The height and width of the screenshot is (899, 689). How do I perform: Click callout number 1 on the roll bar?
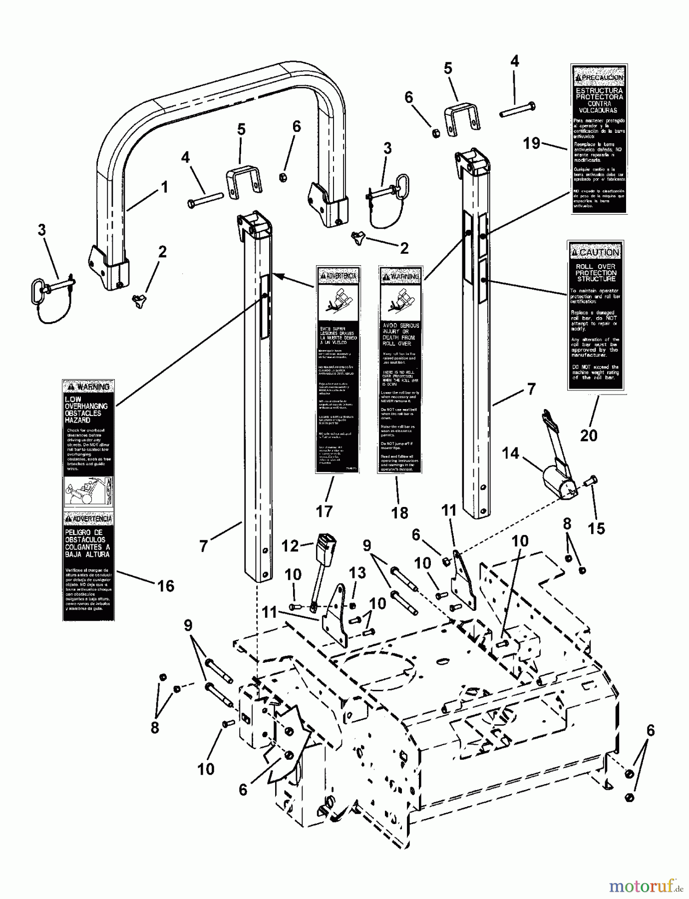[x=164, y=187]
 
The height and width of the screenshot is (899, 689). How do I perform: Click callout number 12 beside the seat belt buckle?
[x=290, y=546]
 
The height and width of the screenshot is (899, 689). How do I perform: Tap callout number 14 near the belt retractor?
[x=510, y=453]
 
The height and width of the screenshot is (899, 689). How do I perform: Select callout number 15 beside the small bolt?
[x=597, y=528]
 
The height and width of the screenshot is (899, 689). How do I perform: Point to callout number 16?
[x=166, y=586]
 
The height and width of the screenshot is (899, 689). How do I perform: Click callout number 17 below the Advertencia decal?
[x=324, y=511]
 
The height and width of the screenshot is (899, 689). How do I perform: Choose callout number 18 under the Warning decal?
[x=399, y=512]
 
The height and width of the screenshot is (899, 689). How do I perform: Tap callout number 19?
[x=532, y=143]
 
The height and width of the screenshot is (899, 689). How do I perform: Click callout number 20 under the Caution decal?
[x=589, y=435]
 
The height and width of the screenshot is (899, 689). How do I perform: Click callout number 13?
[x=357, y=573]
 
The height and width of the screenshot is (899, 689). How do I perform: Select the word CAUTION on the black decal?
[x=599, y=252]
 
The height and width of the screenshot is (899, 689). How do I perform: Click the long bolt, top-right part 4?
[x=518, y=110]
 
